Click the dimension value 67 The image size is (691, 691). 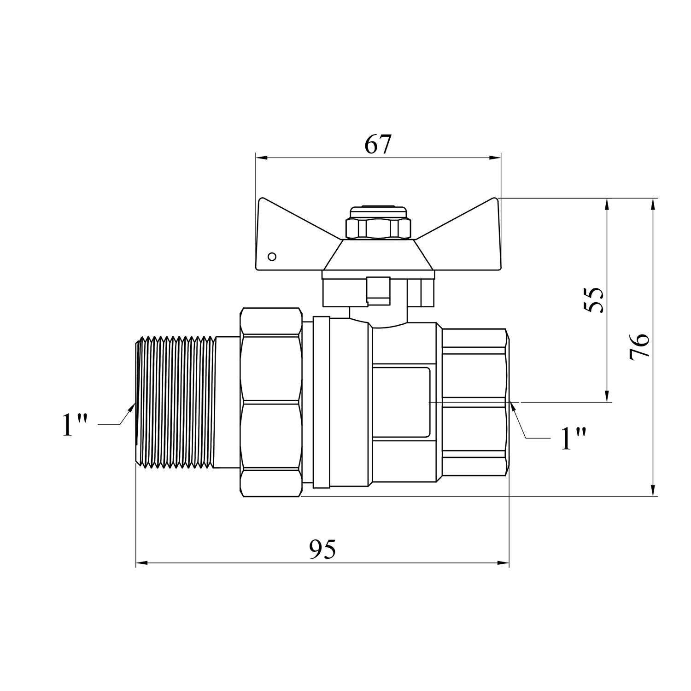378,145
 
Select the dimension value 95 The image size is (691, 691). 322,549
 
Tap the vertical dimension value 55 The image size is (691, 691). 593,300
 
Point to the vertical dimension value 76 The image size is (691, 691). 639,346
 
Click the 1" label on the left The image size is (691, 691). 75,424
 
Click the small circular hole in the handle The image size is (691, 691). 272,256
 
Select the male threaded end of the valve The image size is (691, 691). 176,403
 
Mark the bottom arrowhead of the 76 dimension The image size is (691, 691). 653,490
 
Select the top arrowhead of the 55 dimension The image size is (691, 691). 607,205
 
